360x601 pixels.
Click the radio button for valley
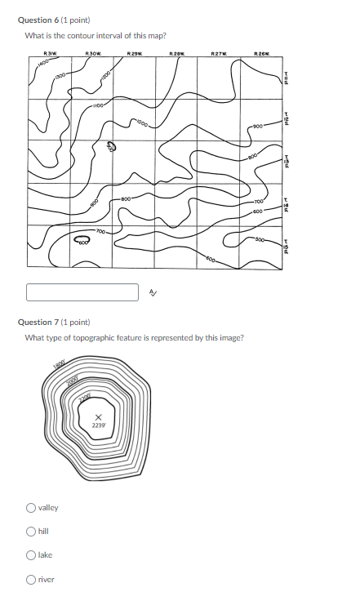coord(31,508)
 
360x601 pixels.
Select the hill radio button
coord(31,532)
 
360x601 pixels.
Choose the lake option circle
coord(31,555)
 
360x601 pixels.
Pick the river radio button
coord(31,580)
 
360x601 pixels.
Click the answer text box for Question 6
coord(82,292)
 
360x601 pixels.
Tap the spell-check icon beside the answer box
coord(153,292)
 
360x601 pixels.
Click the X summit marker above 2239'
coord(98,417)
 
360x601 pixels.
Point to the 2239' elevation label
coord(98,425)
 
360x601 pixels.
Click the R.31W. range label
coord(50,54)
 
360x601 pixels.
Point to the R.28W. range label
coord(176,54)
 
